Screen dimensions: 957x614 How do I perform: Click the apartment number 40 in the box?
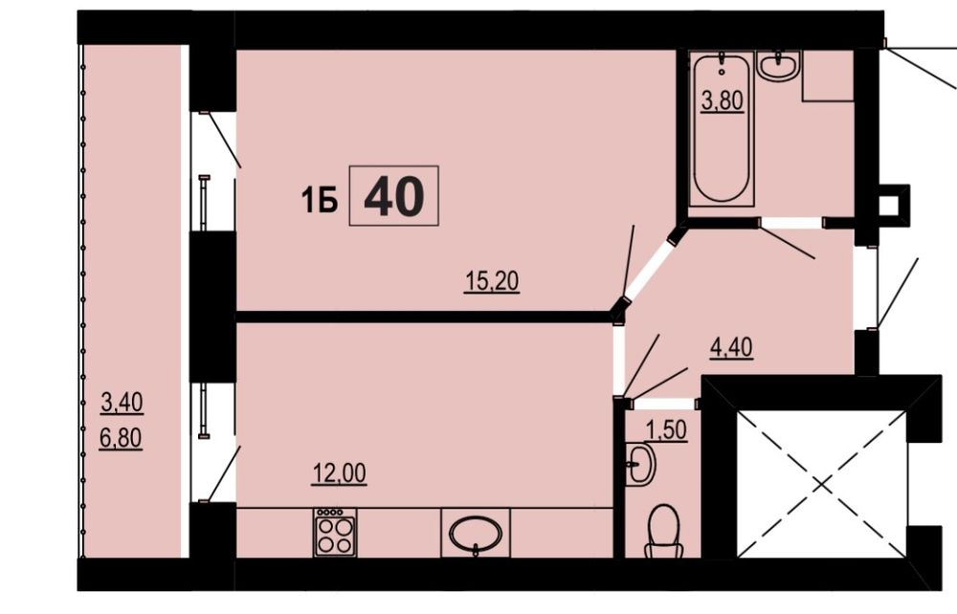393,196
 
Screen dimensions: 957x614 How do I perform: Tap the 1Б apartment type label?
320,200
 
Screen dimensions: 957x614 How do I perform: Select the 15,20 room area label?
492,282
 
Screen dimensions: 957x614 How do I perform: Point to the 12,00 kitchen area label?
340,473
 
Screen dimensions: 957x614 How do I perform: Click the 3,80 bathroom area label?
722,100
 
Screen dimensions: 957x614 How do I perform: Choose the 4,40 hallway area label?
731,347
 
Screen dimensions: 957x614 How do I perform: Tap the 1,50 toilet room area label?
666,429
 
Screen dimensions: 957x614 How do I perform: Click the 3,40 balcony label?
122,403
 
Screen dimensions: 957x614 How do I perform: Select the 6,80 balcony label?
121,438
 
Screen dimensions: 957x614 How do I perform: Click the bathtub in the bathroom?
722,128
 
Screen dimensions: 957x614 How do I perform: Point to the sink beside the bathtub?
778,66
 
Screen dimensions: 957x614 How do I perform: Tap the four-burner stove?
335,533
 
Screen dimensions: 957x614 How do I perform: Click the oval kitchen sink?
476,534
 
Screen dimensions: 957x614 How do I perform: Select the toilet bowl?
663,532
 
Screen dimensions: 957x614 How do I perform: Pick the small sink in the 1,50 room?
639,465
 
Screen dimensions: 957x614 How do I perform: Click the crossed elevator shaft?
821,484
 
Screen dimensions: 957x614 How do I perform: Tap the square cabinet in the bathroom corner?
828,76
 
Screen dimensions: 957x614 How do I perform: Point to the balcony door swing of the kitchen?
222,473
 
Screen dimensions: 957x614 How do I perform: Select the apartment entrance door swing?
898,294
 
